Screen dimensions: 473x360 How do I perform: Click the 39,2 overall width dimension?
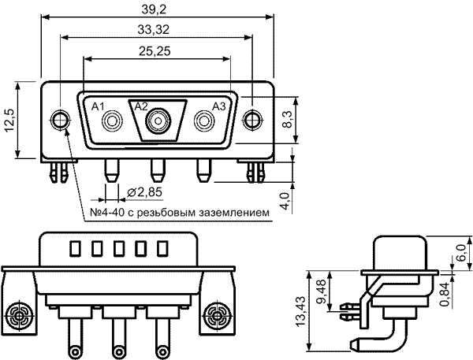pyautogui.click(x=154, y=9)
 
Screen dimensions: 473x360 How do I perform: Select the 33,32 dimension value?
pyautogui.click(x=153, y=30)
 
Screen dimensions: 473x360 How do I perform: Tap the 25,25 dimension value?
pyautogui.click(x=155, y=51)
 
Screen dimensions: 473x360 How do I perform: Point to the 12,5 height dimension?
pyautogui.click(x=10, y=120)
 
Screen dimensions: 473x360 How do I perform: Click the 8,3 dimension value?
pyautogui.click(x=288, y=120)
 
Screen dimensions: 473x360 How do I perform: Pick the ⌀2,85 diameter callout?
pyautogui.click(x=145, y=191)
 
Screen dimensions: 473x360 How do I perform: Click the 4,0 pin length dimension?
pyautogui.click(x=285, y=201)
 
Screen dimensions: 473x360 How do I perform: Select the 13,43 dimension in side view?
pyautogui.click(x=300, y=311)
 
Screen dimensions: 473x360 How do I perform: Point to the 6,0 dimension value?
pyautogui.click(x=461, y=254)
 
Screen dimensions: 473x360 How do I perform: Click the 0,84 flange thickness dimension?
pyautogui.click(x=445, y=294)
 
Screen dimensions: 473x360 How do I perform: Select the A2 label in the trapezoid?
pyautogui.click(x=141, y=106)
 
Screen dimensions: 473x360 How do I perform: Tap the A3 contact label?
pyautogui.click(x=218, y=106)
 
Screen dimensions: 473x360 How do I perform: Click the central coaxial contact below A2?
pyautogui.click(x=158, y=121)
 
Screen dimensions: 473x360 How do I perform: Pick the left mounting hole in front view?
pyautogui.click(x=60, y=120)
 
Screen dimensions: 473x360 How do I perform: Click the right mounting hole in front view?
pyautogui.click(x=252, y=120)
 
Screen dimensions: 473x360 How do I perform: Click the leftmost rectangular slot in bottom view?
pyautogui.click(x=75, y=249)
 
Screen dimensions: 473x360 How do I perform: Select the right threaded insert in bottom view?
pyautogui.click(x=216, y=316)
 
